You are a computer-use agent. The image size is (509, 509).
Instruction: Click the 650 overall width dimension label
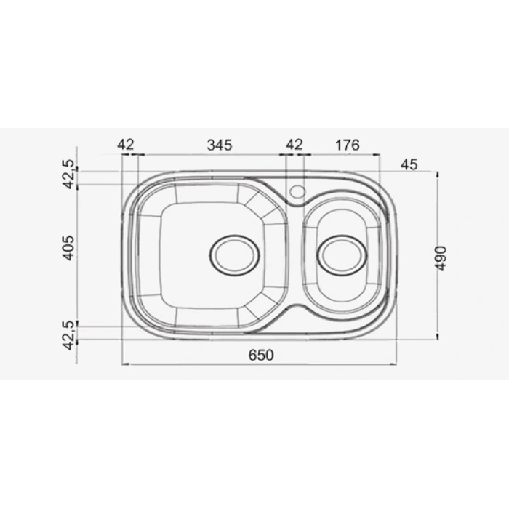pos(261,355)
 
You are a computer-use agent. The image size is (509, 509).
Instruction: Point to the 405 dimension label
pos(68,248)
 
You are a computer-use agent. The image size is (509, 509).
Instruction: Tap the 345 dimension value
pos(219,145)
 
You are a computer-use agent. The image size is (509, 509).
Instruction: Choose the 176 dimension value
pos(348,145)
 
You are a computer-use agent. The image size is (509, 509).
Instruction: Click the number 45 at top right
pos(409,164)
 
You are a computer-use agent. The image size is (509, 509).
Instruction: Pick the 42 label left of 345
pos(126,145)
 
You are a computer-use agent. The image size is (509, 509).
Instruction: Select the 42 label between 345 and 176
pos(294,145)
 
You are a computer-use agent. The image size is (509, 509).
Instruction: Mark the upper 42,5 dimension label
pos(68,175)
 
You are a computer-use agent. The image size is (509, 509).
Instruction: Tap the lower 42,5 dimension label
pos(68,334)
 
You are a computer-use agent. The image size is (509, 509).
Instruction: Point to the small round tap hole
pos(297,191)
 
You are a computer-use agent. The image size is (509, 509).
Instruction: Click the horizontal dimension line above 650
pos(260,364)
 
